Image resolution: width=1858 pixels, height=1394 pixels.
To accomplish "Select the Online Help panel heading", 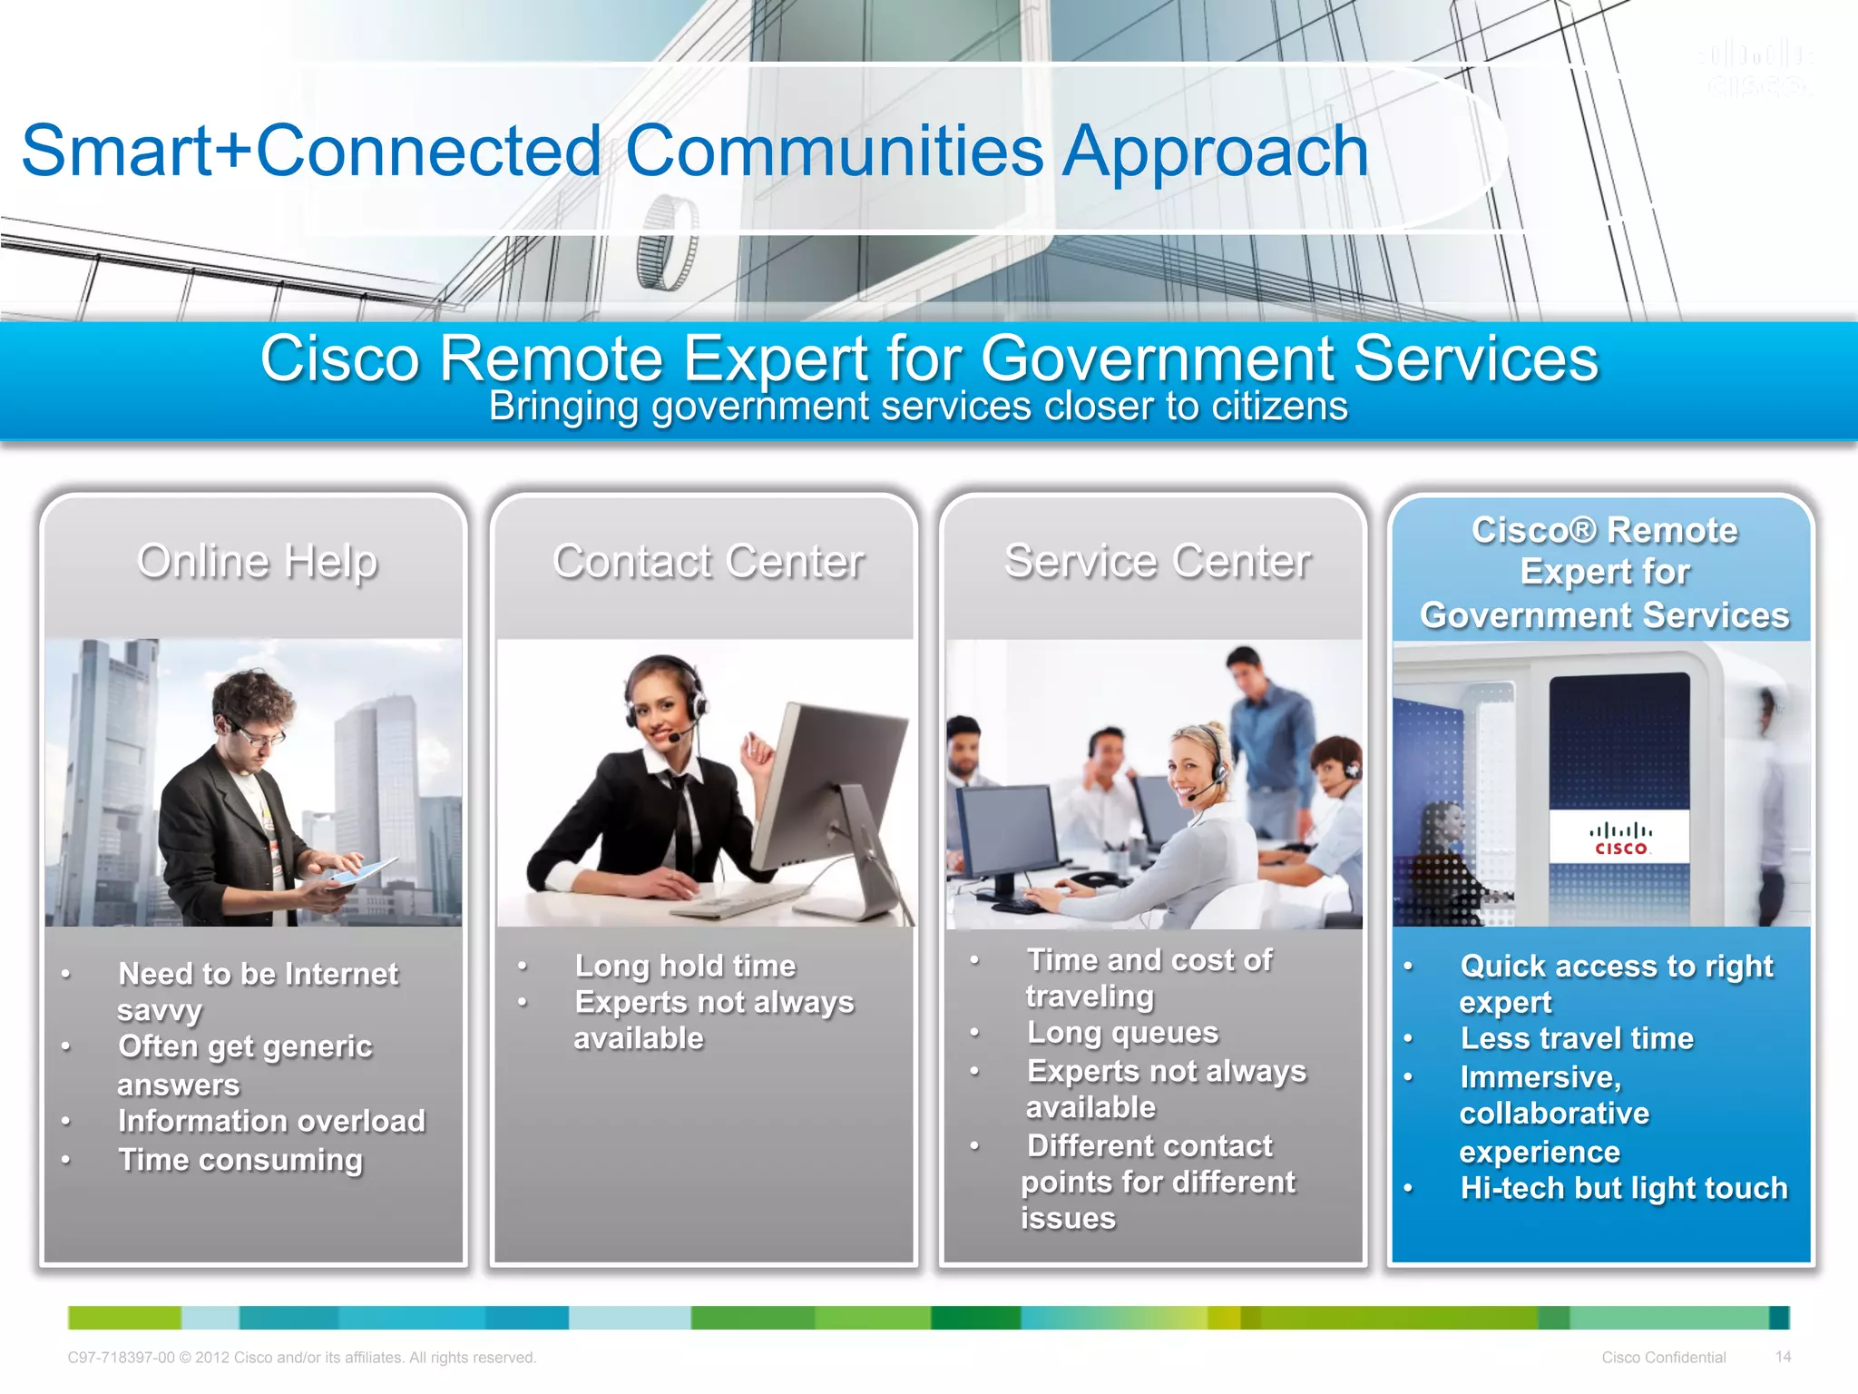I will [x=257, y=561].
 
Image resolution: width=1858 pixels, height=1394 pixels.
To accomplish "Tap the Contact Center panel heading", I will [x=708, y=561].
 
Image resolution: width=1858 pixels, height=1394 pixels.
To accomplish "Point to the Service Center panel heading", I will [x=1157, y=561].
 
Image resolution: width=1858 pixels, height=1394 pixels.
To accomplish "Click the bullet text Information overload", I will [x=271, y=1121].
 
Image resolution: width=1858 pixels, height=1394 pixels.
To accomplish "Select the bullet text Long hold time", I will [x=685, y=966].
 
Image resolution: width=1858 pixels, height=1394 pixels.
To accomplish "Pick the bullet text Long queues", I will [x=1122, y=1033].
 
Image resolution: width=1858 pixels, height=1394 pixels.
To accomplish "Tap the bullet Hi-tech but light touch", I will [x=1623, y=1188].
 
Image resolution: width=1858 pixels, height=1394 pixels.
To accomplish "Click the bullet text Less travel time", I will [x=1577, y=1038].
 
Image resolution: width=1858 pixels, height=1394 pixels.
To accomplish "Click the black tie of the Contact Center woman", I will [x=681, y=821].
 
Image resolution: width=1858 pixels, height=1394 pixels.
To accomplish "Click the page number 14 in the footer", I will [x=1783, y=1357].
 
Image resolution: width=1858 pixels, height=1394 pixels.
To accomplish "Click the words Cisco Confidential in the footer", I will [x=1663, y=1358].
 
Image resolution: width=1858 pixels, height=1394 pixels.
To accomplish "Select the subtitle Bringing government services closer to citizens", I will [x=918, y=407].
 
